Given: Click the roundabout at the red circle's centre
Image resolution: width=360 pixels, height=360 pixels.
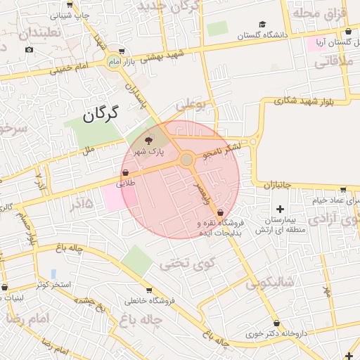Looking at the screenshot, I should (186, 160).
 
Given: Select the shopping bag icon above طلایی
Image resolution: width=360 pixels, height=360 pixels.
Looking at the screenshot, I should (125, 172).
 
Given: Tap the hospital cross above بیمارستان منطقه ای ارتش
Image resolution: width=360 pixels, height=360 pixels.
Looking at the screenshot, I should (281, 209).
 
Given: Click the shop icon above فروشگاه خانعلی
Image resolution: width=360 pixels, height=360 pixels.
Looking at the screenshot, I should (148, 290).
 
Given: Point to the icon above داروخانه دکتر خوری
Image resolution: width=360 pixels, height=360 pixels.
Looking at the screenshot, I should (276, 323).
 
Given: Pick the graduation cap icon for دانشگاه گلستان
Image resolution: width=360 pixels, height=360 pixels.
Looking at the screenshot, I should (262, 25).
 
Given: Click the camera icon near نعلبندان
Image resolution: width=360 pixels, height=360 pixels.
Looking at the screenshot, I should (29, 49).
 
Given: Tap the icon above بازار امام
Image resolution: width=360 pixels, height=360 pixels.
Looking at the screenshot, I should (123, 51).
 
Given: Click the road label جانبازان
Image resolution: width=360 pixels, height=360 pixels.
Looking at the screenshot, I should (278, 185).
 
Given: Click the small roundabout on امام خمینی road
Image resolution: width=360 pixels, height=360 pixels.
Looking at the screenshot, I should (114, 62).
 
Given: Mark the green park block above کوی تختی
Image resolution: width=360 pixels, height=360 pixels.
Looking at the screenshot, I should (136, 261).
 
